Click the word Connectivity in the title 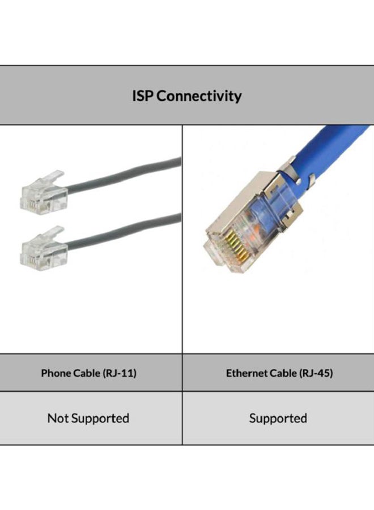point(199,96)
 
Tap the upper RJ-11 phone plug point(44,193)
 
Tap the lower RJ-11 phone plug point(44,249)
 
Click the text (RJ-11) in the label point(120,373)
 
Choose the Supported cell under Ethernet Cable point(278,418)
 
